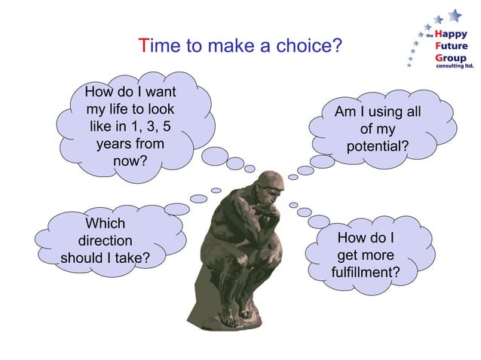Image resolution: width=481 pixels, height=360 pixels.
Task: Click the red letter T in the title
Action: click(144, 47)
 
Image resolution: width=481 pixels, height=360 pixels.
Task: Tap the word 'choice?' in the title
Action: click(313, 47)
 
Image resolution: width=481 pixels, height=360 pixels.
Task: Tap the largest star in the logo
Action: click(454, 14)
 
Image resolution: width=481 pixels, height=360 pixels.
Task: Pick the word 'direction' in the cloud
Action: click(106, 241)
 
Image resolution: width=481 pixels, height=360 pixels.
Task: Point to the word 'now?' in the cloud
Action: click(130, 160)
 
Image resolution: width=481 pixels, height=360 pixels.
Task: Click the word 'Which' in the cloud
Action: click(106, 224)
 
